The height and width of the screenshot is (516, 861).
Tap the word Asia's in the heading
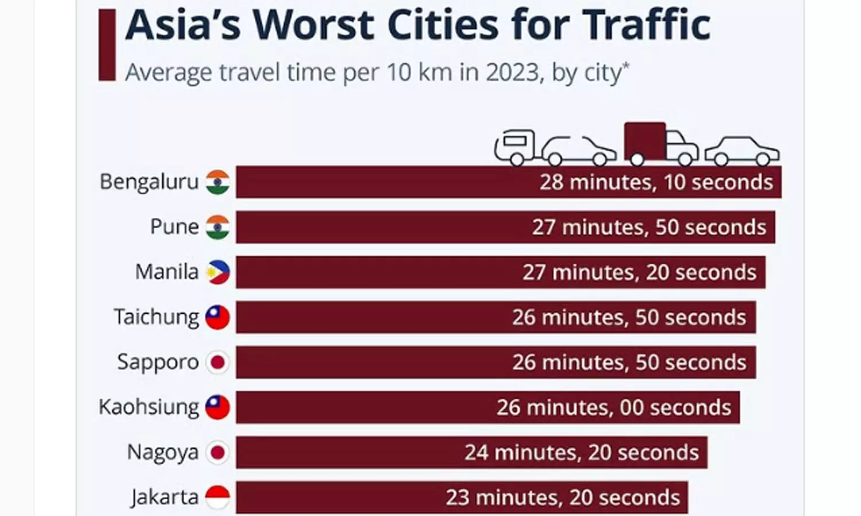pos(183,26)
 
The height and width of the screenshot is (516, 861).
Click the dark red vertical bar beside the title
pos(107,45)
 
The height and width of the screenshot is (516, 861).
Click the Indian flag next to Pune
pos(218,227)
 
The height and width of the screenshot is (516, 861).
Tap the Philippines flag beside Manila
pos(218,272)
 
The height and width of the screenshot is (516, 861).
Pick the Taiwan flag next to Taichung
pos(218,317)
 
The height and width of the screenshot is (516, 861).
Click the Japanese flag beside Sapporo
pos(218,362)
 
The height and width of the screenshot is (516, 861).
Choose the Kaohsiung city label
pos(149,407)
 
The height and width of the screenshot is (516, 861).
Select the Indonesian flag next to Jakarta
pos(218,497)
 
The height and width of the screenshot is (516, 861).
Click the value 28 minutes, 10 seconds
pos(656,182)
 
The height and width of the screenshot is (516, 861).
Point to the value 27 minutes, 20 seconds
pos(639,272)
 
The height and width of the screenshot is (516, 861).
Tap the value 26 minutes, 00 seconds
pos(614,408)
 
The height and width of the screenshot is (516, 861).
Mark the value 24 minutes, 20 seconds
pos(581,453)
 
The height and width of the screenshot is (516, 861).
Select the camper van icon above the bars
pos(515,147)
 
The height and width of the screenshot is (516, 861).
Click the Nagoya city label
pos(163,452)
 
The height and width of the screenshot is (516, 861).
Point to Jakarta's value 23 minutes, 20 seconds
pos(563,498)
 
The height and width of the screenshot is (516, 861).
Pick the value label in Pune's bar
pos(649,228)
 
